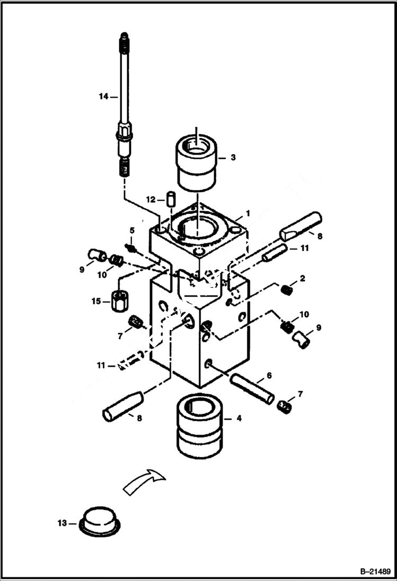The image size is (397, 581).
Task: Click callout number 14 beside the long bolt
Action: [x=103, y=96]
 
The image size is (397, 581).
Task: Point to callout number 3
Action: [x=233, y=158]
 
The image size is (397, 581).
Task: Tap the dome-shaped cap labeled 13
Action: [x=101, y=521]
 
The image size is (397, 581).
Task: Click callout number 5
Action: [x=132, y=230]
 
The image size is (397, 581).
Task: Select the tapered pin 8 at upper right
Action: [x=300, y=225]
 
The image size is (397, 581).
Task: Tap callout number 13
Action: [x=63, y=523]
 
